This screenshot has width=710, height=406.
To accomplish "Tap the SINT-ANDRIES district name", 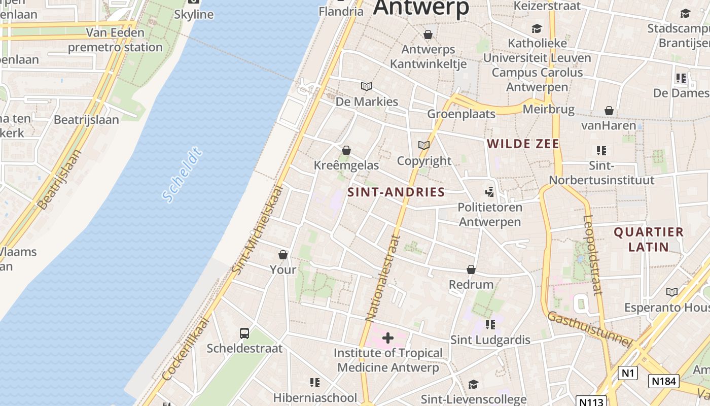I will [x=396, y=192].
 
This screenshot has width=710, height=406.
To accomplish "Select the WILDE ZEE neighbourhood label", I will [x=523, y=144].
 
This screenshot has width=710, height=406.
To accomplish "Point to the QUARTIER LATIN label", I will [x=649, y=240].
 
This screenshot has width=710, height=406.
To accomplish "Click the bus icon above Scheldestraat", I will [x=244, y=333].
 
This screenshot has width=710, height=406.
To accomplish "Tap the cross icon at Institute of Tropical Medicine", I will [x=388, y=338].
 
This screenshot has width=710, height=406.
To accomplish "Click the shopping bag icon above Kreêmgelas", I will [x=346, y=150].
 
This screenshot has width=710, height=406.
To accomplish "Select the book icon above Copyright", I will [x=424, y=146].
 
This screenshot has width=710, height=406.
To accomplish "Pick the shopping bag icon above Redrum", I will [x=471, y=269].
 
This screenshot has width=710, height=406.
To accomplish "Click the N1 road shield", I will [x=627, y=374].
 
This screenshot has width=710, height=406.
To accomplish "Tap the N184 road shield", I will [x=663, y=381].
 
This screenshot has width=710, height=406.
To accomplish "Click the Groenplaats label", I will [x=461, y=114].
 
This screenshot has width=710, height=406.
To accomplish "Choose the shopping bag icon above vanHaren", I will [x=609, y=111].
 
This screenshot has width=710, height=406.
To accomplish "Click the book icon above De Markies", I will [x=367, y=87].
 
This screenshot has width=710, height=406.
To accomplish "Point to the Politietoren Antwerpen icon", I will [x=489, y=192].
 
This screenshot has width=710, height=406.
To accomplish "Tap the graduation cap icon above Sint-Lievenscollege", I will [x=473, y=384].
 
